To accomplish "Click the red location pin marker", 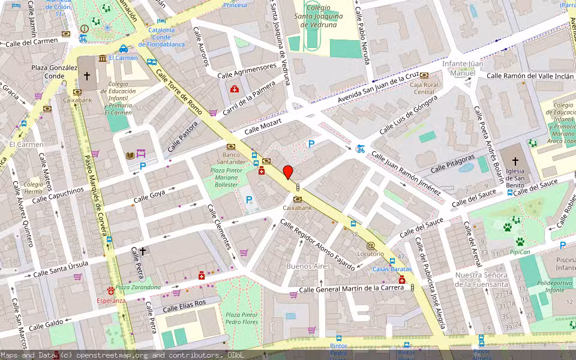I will (288, 171).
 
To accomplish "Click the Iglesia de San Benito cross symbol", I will (515, 161).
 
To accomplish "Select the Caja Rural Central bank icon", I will (424, 76).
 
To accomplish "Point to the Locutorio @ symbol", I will (370, 245).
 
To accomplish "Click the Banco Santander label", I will (231, 158).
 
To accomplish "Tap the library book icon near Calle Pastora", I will (130, 155).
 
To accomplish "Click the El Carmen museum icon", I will (103, 58).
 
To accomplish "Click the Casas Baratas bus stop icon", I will (392, 261).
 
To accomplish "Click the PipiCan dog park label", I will (520, 253).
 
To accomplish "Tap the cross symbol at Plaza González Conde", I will (87, 76).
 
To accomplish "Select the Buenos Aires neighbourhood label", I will (308, 266).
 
